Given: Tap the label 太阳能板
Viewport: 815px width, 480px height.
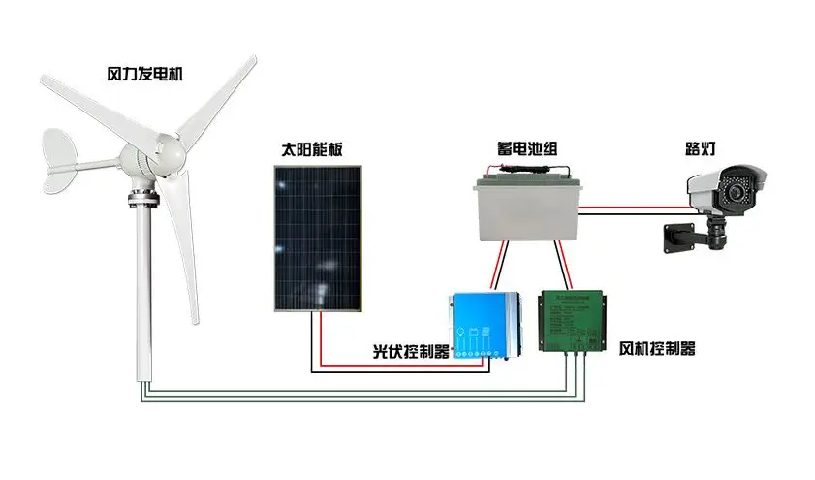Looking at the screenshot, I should (x=311, y=150).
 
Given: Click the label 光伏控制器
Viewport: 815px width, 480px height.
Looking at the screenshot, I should (x=412, y=351).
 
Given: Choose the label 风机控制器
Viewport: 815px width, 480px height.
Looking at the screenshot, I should (x=657, y=348).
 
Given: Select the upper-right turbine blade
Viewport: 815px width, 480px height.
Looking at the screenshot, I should (x=217, y=96).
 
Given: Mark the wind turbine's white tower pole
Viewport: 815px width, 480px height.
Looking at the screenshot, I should (x=145, y=291).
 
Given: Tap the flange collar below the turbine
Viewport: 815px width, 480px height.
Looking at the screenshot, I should (x=142, y=201).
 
